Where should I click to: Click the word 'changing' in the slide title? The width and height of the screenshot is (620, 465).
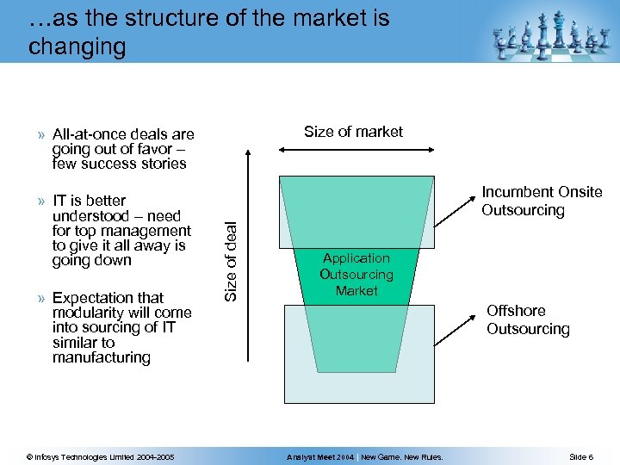tap(77, 46)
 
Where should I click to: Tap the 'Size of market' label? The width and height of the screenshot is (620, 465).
tap(353, 132)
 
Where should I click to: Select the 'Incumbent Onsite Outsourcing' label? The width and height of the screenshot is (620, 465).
tap(541, 201)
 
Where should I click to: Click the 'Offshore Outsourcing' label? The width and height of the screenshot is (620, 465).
tap(528, 319)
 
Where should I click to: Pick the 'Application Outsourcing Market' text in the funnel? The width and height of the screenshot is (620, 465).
tap(356, 274)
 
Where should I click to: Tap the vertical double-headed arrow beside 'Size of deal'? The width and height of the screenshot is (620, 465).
tap(248, 258)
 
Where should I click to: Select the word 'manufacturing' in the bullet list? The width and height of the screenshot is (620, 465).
tap(101, 356)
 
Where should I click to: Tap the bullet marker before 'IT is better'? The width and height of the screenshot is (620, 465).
tap(42, 201)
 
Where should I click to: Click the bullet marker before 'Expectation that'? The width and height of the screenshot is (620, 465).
tap(42, 298)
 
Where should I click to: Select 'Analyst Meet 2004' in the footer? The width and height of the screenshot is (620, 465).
tap(319, 456)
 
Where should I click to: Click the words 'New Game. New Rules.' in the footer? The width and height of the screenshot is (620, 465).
tap(402, 456)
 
